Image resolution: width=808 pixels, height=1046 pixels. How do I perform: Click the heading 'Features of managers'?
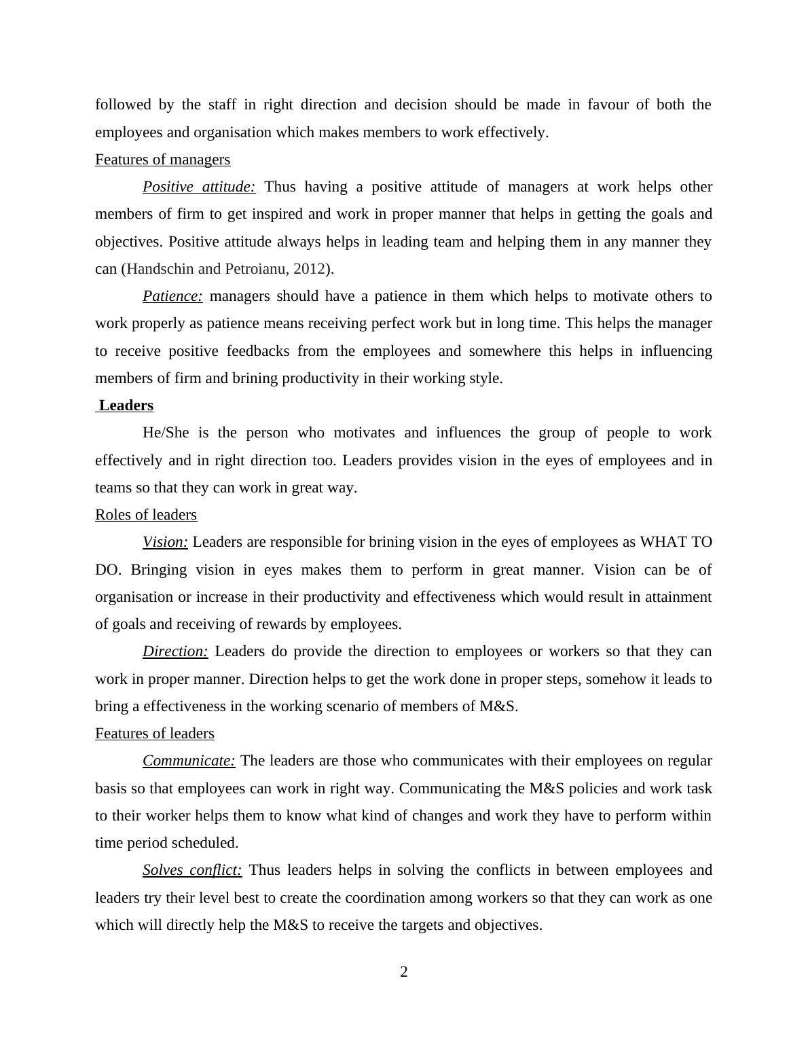click(x=162, y=160)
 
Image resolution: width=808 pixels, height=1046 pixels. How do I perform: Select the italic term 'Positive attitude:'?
click(x=199, y=187)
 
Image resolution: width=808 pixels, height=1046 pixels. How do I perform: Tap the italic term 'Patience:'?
click(x=172, y=296)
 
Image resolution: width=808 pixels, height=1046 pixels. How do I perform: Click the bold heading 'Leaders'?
click(x=126, y=405)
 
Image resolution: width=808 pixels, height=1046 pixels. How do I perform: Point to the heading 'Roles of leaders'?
click(x=146, y=515)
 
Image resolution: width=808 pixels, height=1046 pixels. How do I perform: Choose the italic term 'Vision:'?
click(x=165, y=542)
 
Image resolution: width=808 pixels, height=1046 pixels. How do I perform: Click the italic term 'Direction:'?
click(x=175, y=651)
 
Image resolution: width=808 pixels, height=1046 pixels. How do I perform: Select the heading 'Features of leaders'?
click(x=155, y=734)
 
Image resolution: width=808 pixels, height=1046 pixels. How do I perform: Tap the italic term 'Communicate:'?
click(x=189, y=761)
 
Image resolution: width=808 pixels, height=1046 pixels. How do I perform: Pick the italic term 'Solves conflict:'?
click(x=192, y=870)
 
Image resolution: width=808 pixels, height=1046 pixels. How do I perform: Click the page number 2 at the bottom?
click(x=404, y=972)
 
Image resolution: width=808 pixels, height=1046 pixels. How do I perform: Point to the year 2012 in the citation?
click(x=309, y=269)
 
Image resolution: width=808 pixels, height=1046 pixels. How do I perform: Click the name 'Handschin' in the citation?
click(x=160, y=269)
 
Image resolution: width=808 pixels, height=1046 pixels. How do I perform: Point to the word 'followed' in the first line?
click(x=123, y=105)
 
